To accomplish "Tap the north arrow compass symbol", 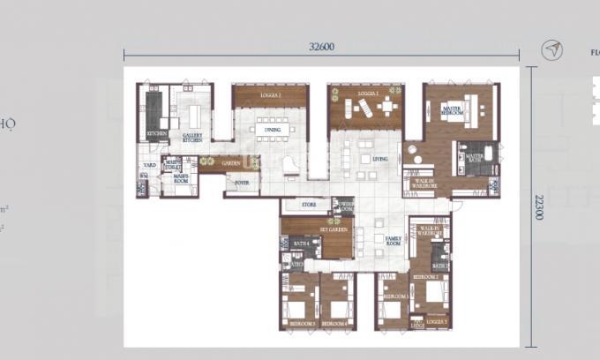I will point(552,50).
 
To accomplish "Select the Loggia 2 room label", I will point(270,95).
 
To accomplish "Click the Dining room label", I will point(271,130).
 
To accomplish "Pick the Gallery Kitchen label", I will point(192,137).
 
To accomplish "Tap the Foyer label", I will point(239,184).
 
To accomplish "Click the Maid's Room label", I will point(181,177).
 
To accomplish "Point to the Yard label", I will point(149,165).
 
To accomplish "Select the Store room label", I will point(308,206).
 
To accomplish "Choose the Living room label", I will point(379,159).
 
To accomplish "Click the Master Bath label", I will point(474,157).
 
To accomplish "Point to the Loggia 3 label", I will point(435,321).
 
